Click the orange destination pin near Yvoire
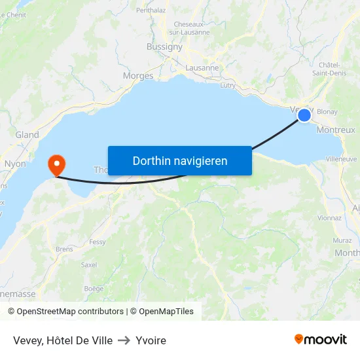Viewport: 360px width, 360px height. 56,164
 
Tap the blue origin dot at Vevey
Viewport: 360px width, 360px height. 304,115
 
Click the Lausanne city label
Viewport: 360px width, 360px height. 202,67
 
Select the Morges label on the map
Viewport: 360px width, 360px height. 138,76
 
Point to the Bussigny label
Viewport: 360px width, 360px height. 165,47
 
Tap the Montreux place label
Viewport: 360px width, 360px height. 335,130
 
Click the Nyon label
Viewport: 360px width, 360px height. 15,164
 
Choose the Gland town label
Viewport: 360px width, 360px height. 27,135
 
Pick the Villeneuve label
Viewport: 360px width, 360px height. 341,159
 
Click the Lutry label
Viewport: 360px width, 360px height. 228,85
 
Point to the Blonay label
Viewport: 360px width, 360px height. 327,112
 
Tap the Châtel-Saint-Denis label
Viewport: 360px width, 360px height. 333,69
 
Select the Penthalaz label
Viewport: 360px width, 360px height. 151,10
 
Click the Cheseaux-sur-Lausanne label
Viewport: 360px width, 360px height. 192,28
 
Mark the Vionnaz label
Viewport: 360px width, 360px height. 329,218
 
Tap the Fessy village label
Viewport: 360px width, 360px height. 98,242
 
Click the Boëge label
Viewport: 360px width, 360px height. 94,288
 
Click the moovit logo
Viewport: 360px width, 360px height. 321,340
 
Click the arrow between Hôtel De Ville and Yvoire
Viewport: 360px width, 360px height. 124,340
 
